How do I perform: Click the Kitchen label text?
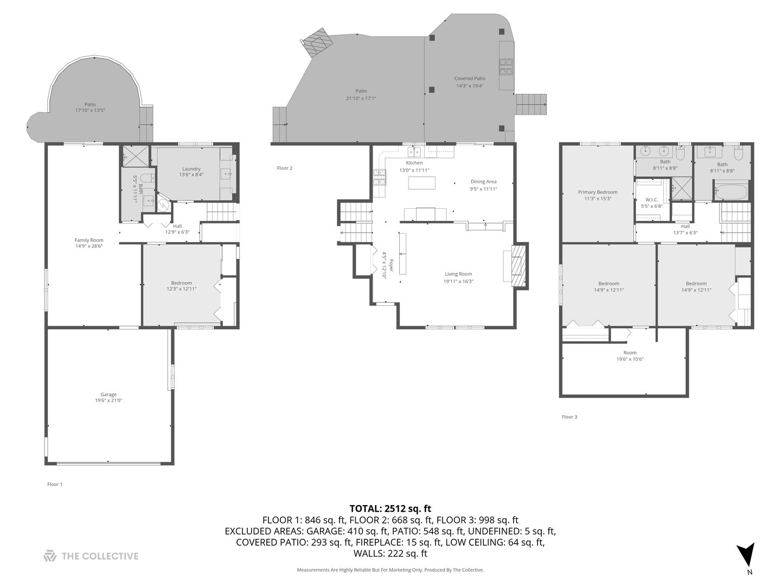point(414,163)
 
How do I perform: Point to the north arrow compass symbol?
point(746,555)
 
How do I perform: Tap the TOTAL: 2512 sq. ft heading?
point(390,508)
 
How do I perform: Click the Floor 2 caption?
point(285,168)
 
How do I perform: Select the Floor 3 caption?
point(569,417)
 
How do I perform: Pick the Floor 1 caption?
point(55,484)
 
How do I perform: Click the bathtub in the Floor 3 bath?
point(731,192)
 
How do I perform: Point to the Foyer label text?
point(384,265)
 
